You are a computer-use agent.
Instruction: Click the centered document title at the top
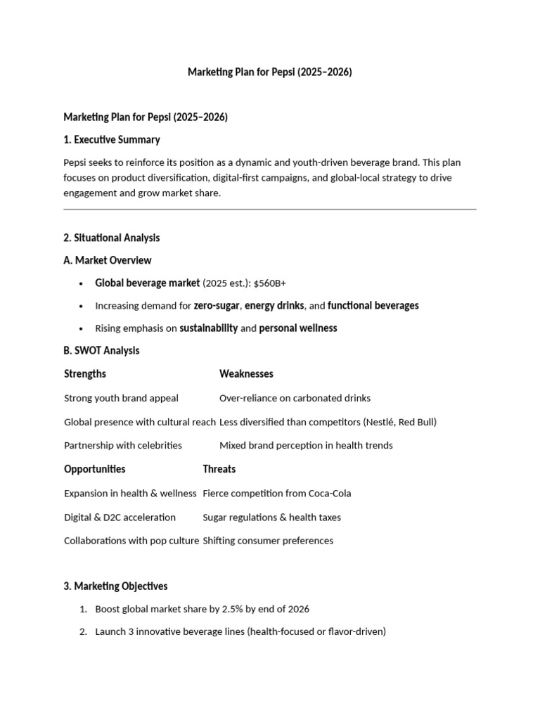click(269, 72)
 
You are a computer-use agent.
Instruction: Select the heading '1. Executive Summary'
click(112, 139)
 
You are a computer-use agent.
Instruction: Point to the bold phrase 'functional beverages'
click(373, 305)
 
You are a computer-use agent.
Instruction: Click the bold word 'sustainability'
click(208, 328)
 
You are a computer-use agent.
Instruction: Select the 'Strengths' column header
click(85, 373)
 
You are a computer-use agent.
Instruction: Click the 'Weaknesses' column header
click(246, 373)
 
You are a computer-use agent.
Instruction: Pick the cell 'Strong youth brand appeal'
click(121, 398)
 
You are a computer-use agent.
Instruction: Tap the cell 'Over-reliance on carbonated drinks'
click(295, 398)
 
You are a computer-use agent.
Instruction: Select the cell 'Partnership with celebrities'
click(123, 445)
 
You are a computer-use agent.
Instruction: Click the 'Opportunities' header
click(95, 469)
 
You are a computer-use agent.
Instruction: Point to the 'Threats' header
click(219, 469)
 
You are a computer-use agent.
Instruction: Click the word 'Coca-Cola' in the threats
click(329, 493)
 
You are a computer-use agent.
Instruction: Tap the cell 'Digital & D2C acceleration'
click(120, 517)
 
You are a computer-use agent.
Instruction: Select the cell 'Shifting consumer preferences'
click(268, 541)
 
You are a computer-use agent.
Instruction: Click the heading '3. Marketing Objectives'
click(115, 586)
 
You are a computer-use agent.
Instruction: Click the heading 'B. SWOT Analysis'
click(101, 350)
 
